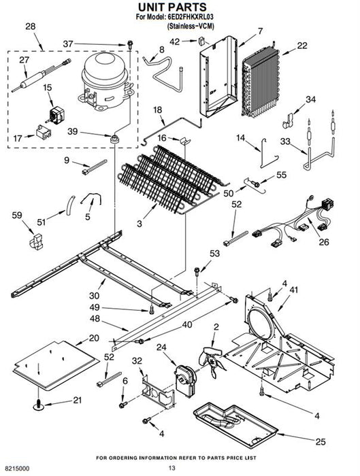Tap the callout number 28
click(x=31, y=27)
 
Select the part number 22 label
click(x=302, y=46)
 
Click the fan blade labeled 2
click(x=212, y=362)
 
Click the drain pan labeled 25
click(x=235, y=424)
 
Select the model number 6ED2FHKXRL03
click(x=191, y=17)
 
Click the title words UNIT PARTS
click(x=172, y=7)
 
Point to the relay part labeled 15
click(x=56, y=116)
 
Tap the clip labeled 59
click(x=36, y=241)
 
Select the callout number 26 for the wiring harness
click(x=324, y=242)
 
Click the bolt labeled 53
click(x=197, y=271)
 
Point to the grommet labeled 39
click(x=114, y=139)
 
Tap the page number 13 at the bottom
click(x=172, y=468)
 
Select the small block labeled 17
click(x=44, y=132)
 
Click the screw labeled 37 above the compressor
click(x=130, y=45)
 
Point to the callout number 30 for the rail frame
click(x=95, y=295)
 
